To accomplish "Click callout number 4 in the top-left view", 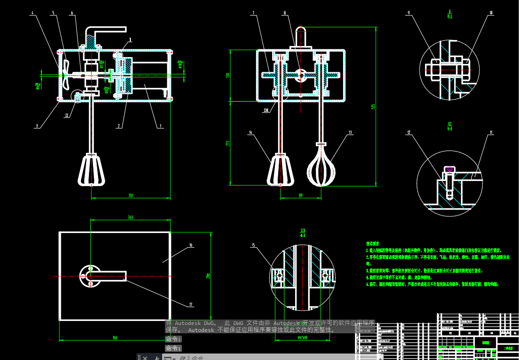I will point(32,13).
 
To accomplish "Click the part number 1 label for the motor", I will point(160,125).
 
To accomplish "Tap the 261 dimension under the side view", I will point(131,196).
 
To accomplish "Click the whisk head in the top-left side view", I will point(93,170).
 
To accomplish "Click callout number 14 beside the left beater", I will point(251,133).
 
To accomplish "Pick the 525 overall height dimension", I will point(374,106).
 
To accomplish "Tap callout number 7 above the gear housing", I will point(253,13).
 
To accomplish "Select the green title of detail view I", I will point(449,13).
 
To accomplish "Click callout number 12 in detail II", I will point(408,133).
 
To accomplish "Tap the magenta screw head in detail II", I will point(449,168).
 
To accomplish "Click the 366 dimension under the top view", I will point(115,338).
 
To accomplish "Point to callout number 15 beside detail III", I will point(253,245).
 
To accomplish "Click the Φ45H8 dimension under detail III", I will point(302,338).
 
